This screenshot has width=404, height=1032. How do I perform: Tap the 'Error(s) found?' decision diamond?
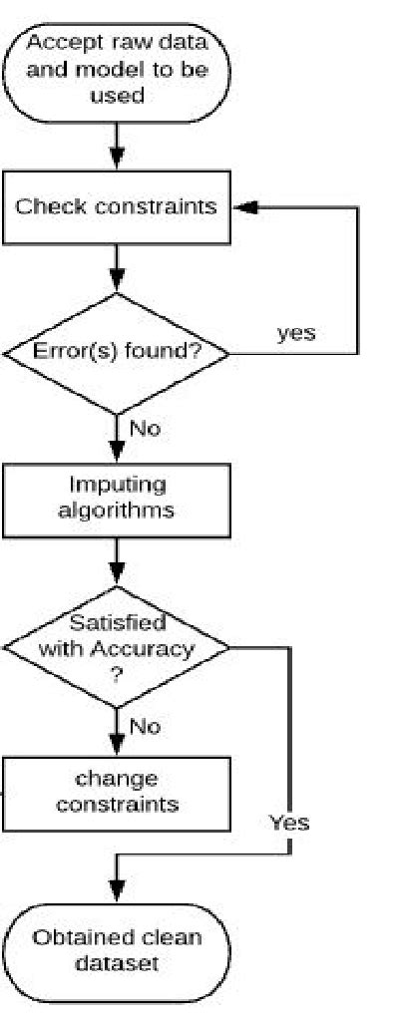[117, 352]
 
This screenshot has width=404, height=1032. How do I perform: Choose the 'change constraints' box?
[117, 793]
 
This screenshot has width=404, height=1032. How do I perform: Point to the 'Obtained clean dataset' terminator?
[117, 949]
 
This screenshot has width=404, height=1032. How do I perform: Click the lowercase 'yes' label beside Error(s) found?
[295, 333]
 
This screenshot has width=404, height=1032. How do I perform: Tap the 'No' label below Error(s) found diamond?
[146, 430]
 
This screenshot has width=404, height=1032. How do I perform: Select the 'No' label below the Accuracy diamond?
[146, 726]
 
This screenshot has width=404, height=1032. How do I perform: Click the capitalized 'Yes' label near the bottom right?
[289, 823]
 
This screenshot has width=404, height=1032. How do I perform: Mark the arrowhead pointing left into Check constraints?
[242, 208]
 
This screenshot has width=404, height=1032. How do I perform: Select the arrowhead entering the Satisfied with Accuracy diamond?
[118, 571]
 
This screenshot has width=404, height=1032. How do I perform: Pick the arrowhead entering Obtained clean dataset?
[118, 891]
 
